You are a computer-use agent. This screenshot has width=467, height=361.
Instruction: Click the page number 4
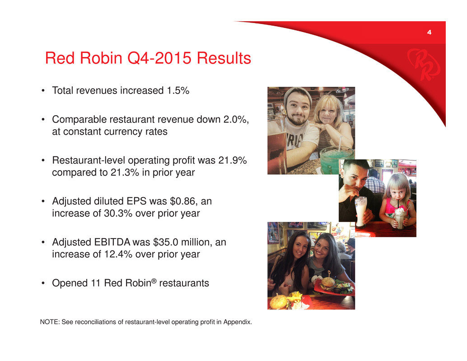(x=429, y=32)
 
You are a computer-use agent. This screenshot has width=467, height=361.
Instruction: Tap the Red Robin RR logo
(x=423, y=64)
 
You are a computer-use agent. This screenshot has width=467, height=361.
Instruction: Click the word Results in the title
(x=224, y=58)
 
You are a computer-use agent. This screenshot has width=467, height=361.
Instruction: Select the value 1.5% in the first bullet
(x=178, y=90)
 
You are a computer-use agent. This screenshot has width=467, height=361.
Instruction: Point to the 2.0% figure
(x=235, y=119)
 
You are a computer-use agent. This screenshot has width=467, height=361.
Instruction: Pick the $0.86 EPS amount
(x=182, y=202)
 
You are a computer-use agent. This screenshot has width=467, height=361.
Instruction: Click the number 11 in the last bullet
(x=95, y=283)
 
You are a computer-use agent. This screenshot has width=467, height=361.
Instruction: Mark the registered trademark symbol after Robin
(x=154, y=281)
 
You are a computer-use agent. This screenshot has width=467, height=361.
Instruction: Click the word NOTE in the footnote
(x=49, y=322)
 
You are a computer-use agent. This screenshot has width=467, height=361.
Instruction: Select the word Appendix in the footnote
(x=238, y=322)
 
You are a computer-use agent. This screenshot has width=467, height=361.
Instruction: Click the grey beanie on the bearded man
(x=298, y=95)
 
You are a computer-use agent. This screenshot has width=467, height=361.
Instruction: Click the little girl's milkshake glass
(x=400, y=219)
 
